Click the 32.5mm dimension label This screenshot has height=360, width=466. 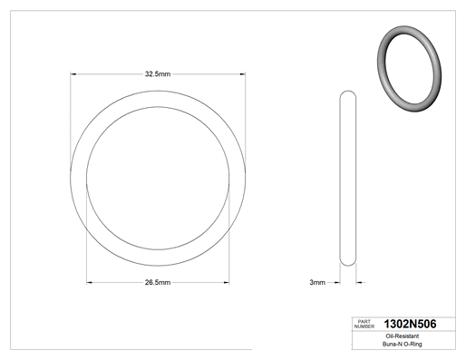[x=158, y=74]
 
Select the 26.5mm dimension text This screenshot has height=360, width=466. [x=158, y=282]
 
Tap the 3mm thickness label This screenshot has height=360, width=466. [x=317, y=282]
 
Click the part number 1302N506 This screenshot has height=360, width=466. [x=410, y=324]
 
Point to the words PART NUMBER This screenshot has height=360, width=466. [x=364, y=324]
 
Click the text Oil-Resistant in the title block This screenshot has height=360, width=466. [x=403, y=336]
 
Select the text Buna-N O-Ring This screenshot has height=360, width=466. [x=403, y=344]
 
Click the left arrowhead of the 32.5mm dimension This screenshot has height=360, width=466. [x=73, y=74]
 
